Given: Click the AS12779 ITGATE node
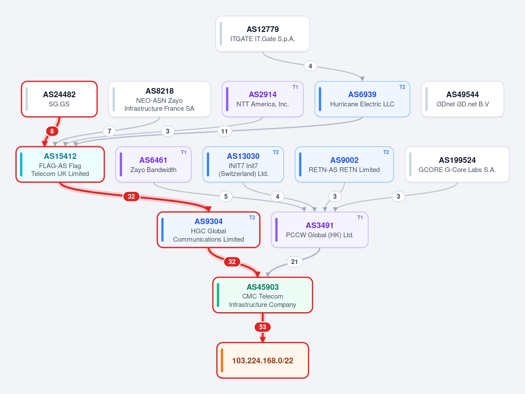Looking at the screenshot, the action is coord(263,34).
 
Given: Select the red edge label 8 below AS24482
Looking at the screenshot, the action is coord(52,131).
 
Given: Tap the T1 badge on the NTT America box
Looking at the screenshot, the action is coord(295,87).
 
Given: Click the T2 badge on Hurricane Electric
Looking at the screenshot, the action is coord(402,87).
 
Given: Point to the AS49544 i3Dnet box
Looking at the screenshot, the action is coord(462,99).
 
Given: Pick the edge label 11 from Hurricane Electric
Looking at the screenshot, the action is coord(224,131).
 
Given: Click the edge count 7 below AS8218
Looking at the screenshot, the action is coord(109,131).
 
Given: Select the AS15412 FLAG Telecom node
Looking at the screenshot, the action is coord(60,164).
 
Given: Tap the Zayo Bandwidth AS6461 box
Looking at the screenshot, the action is coord(153,164).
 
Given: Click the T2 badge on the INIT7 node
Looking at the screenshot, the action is coord(275,152).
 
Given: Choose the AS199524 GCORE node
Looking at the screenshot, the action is coord(457,164).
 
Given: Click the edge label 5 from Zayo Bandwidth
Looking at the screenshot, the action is coord(226,197).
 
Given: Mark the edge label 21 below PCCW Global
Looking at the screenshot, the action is coord(294,262).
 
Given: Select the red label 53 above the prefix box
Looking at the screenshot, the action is coord(263,327).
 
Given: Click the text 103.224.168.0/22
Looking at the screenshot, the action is coord(263,361).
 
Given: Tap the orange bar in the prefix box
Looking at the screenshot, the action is coord(222,360).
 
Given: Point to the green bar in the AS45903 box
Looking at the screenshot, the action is coord(218,295).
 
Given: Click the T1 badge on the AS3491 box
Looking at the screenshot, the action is coord(360,218).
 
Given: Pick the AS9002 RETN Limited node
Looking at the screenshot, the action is coord(344,164).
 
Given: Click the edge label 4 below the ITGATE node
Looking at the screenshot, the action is coord(310,66).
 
